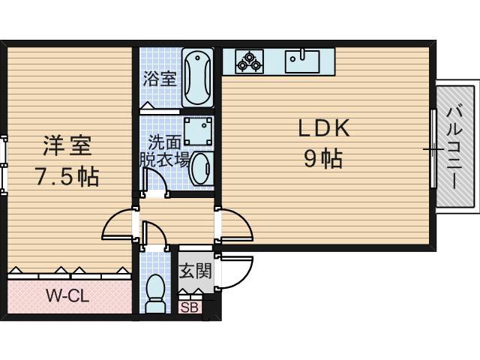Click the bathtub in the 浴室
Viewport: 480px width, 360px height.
pyautogui.click(x=196, y=78)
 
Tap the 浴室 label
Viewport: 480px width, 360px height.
pyautogui.click(x=160, y=78)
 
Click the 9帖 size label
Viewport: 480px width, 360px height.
pyautogui.click(x=323, y=158)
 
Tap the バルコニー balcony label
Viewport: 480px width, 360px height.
pyautogui.click(x=454, y=146)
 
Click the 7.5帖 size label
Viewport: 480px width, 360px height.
pyautogui.click(x=66, y=177)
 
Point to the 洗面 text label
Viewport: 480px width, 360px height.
pyautogui.click(x=163, y=141)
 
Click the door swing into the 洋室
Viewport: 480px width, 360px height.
pyautogui.click(x=118, y=224)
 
